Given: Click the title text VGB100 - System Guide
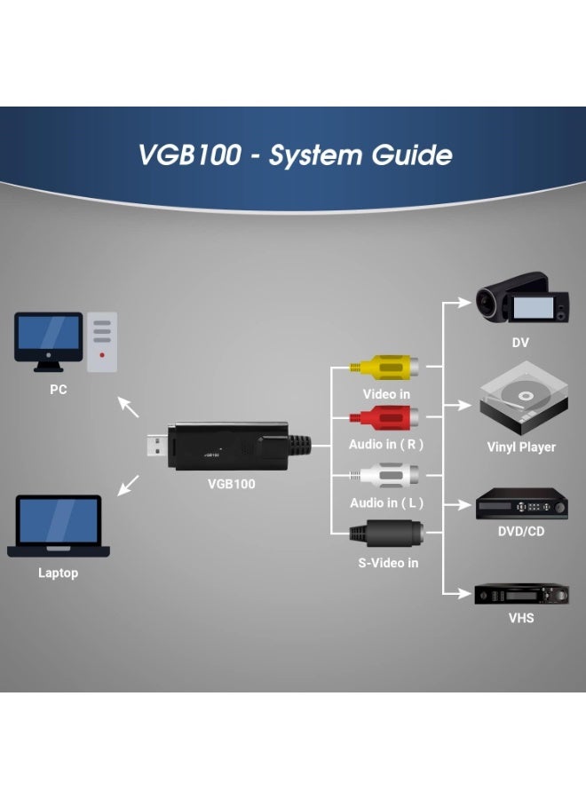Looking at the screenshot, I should [x=295, y=155].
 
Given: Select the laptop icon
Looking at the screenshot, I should [x=59, y=526].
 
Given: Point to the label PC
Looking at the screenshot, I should [x=57, y=389].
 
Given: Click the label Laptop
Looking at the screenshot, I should [x=58, y=573].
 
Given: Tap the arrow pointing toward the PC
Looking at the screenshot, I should [x=130, y=407].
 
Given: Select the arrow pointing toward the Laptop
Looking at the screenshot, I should [x=130, y=484].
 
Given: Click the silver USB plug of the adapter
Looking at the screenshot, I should [x=158, y=446].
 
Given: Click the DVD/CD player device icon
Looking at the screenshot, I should [x=521, y=504].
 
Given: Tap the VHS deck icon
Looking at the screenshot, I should [x=521, y=594].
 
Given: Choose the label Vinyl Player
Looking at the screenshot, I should [x=521, y=447].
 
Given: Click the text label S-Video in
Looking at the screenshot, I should [x=388, y=563].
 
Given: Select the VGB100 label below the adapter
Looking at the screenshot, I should [x=231, y=484].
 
